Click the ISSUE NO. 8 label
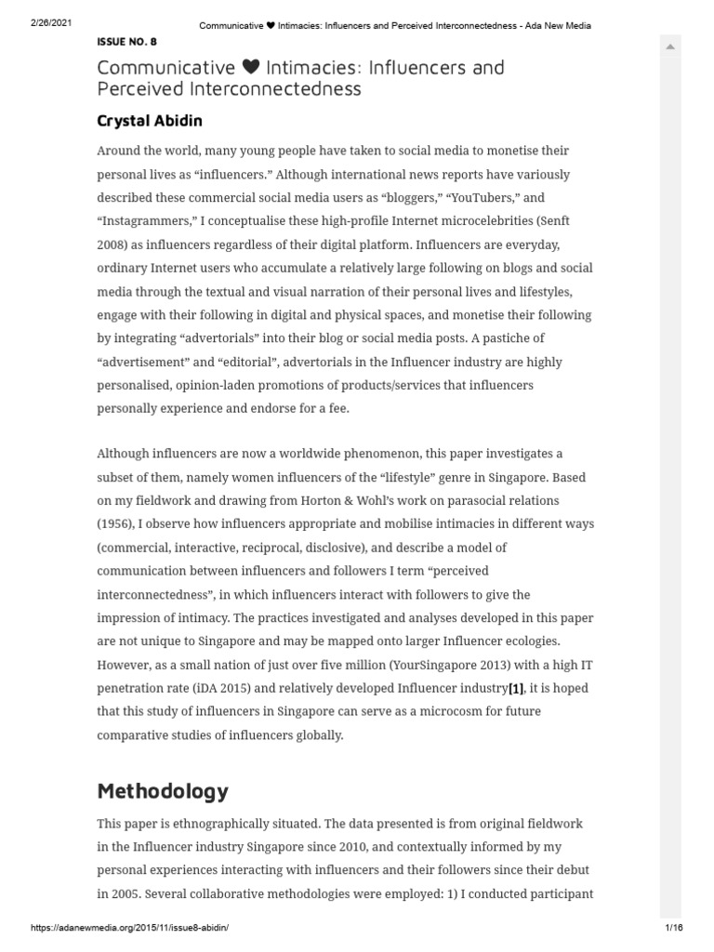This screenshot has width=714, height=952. coord(127,42)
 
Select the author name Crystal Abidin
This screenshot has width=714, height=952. coord(150,121)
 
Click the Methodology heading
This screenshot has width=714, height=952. coord(163,791)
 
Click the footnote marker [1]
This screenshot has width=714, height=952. coord(516,688)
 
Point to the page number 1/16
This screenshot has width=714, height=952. coord(674,928)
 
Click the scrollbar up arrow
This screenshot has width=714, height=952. coord(669,46)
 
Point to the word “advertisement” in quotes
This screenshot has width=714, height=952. coord(145,362)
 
